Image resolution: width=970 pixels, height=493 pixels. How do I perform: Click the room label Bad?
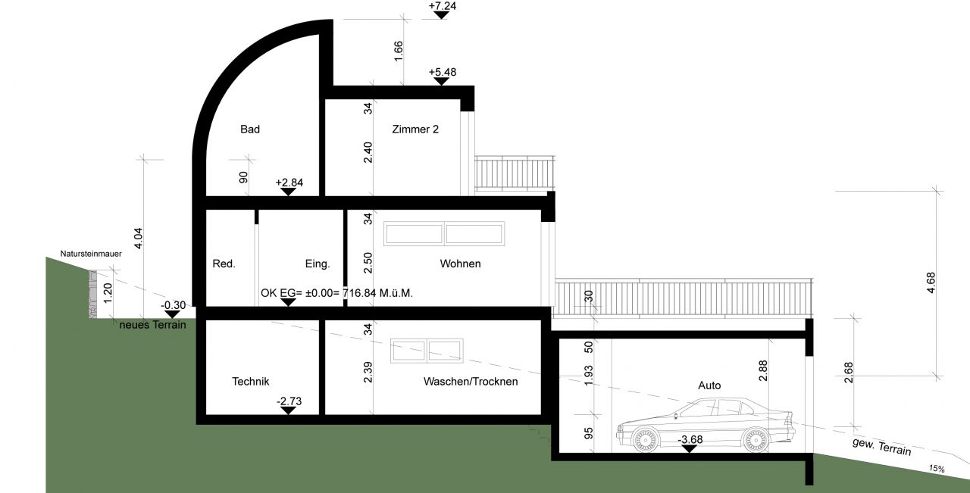[x=250, y=129]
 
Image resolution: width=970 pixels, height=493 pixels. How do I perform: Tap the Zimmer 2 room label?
[x=415, y=129]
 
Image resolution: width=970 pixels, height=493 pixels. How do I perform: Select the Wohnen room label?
[x=460, y=264]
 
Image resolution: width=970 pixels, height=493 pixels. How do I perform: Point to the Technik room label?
[x=250, y=382]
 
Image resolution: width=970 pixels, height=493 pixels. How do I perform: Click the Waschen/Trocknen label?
[x=471, y=382]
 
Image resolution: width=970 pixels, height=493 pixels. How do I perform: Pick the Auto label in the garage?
[x=709, y=385]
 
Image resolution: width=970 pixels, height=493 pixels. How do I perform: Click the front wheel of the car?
[x=645, y=439]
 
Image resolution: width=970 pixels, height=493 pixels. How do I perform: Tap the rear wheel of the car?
[x=756, y=439]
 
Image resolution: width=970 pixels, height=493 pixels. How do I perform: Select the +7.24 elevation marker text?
[x=442, y=6]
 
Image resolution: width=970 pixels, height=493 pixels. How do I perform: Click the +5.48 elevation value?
[x=442, y=72]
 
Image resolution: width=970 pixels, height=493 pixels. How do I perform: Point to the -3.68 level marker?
[x=690, y=439]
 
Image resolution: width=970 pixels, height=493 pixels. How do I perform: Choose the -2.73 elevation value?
[x=289, y=401]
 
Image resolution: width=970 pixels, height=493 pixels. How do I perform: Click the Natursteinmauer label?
[x=91, y=254]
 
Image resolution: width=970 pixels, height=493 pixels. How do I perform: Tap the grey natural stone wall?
[x=92, y=295]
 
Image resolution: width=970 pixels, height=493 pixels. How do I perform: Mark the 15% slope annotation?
[x=937, y=468]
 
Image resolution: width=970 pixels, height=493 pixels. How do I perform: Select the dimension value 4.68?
[x=931, y=282]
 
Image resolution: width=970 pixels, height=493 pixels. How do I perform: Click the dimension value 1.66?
[x=399, y=51]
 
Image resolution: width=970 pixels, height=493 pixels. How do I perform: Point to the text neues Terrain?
[x=152, y=325]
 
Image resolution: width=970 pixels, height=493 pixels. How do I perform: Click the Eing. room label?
[x=318, y=264]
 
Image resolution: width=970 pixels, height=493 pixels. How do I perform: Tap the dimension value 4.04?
[x=138, y=238]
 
